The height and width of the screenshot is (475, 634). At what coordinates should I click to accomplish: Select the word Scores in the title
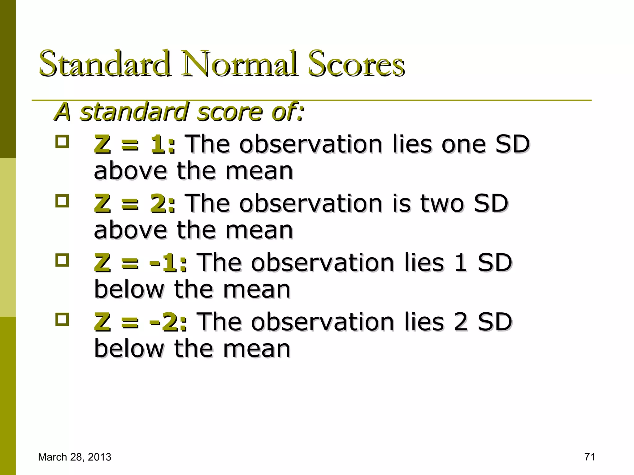tap(356, 63)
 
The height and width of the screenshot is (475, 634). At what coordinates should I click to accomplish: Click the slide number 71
tap(590, 457)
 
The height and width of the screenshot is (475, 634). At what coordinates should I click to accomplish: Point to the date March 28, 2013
tap(75, 457)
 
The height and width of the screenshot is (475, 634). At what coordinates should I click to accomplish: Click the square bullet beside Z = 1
tap(62, 142)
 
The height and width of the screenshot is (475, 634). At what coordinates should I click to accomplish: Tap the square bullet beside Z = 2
tap(62, 201)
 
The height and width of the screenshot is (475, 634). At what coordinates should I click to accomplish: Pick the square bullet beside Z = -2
tap(62, 319)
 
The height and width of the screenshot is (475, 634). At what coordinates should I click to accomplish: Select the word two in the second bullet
tap(442, 204)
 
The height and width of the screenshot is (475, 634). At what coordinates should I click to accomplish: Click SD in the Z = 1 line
tap(512, 144)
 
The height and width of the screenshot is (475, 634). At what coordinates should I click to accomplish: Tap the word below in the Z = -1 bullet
tap(129, 289)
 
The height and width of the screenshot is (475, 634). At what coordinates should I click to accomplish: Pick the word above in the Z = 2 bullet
tap(130, 230)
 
